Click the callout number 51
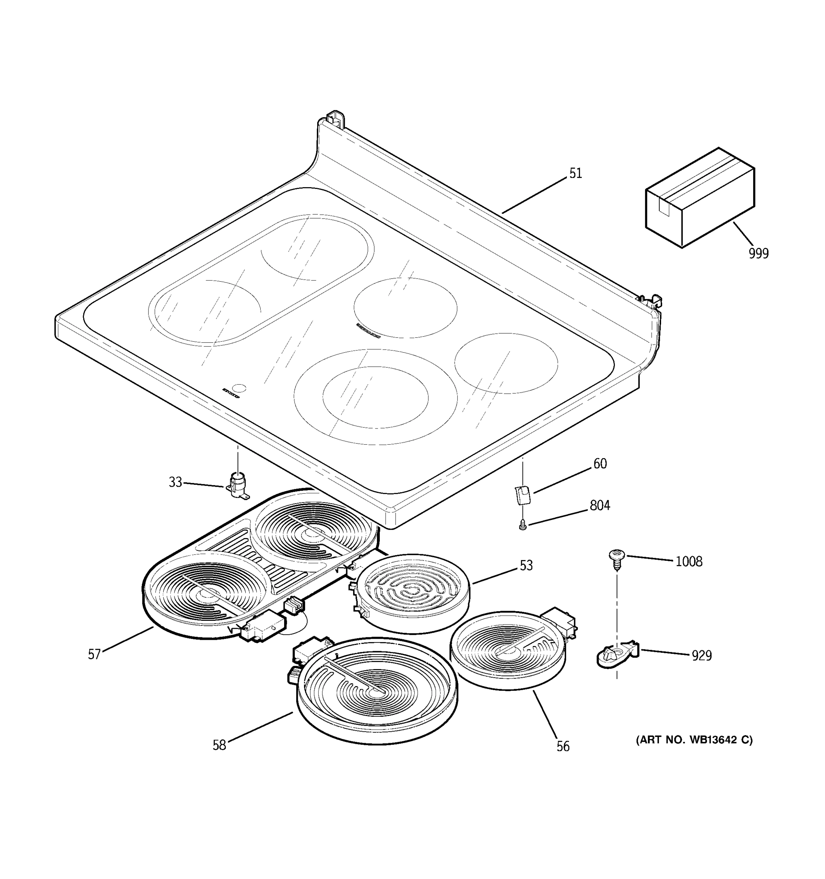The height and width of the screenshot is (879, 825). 575,173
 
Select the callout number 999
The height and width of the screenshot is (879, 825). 759,254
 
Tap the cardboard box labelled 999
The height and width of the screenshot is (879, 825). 699,197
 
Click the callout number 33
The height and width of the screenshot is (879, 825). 175,482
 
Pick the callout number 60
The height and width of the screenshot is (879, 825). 600,464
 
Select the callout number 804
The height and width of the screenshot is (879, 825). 600,505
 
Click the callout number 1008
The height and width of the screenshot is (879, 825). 689,561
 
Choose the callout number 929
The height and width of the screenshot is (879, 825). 701,655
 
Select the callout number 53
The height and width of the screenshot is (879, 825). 526,565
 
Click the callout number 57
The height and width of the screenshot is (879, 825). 94,654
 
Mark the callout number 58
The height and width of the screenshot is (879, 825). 219,745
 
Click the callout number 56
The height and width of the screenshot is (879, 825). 562,747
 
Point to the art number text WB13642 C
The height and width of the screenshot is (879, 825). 694,740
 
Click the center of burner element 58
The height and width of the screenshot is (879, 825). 377,693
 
